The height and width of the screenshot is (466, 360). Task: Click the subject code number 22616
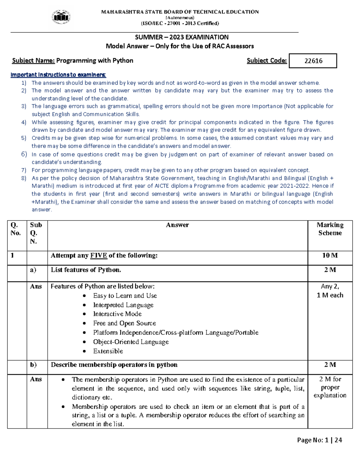point(313,61)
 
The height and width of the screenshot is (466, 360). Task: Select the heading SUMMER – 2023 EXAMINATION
point(181,37)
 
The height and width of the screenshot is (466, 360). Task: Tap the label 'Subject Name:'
point(33,61)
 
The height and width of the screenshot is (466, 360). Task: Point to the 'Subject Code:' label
point(266,61)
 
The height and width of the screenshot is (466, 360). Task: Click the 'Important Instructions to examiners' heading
point(58,75)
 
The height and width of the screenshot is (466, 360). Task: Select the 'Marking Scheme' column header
point(330,229)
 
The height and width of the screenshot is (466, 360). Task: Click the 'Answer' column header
point(177,225)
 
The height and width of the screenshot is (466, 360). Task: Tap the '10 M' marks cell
point(330,255)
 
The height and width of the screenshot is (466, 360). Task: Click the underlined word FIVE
point(98,255)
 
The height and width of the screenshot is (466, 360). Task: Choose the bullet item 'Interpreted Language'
point(123,305)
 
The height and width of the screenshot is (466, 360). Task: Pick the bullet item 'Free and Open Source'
point(124,323)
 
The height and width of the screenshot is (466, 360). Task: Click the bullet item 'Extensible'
point(108,351)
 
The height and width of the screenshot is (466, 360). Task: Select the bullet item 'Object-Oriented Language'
point(131,342)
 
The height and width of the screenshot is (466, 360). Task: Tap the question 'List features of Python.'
point(86,270)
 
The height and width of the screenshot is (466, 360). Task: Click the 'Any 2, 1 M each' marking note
point(330,291)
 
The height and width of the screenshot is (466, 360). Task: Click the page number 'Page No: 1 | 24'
point(319,440)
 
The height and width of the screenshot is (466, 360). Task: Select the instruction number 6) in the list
point(24,154)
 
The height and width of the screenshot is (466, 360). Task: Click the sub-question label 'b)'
point(33,365)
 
